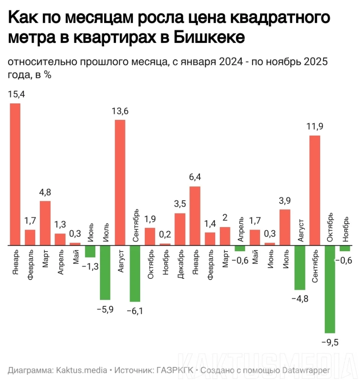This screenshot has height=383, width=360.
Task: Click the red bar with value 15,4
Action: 15,174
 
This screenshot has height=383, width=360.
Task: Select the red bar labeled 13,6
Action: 120,182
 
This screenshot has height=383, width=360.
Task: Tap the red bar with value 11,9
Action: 315,190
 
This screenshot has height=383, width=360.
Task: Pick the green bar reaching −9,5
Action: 330,289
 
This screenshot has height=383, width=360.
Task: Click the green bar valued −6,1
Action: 135,273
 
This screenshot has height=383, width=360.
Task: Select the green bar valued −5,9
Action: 105,272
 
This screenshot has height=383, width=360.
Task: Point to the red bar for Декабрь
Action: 180,229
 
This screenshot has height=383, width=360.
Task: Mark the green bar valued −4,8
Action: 300,267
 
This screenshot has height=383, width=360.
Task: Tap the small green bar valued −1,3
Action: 90,251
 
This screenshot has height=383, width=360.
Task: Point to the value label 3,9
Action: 285,201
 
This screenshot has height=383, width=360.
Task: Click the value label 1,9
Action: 150,219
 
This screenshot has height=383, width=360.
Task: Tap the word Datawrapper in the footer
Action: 308,370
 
